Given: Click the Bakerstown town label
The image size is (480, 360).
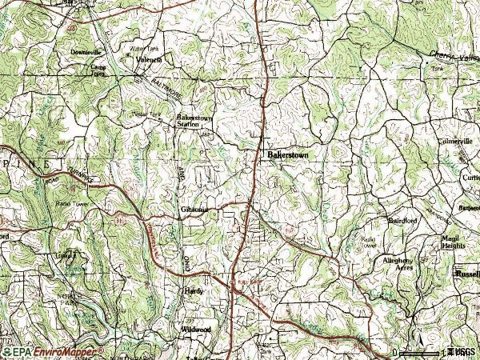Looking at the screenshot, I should click(286, 154).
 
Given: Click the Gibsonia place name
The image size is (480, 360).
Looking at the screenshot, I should click(194, 210).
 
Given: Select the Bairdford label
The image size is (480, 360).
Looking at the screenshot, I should click(403, 219).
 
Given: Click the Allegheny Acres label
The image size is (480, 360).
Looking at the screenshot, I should click(398, 265).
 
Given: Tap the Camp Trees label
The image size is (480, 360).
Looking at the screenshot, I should click(98, 71).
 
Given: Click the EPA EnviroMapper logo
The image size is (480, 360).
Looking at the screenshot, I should click(53, 351).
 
